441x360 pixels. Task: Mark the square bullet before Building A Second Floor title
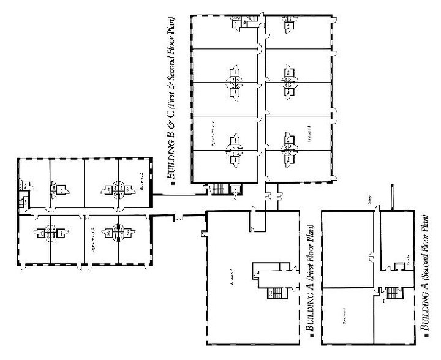(427, 338)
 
